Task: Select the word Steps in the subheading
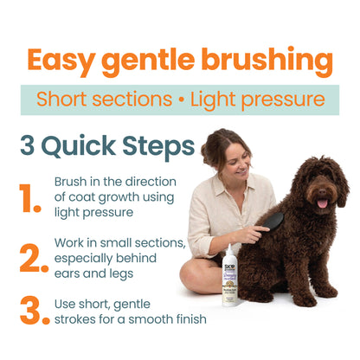point(152,146)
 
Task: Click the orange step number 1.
point(31,198)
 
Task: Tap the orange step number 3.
point(33,312)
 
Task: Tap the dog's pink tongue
point(324,203)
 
